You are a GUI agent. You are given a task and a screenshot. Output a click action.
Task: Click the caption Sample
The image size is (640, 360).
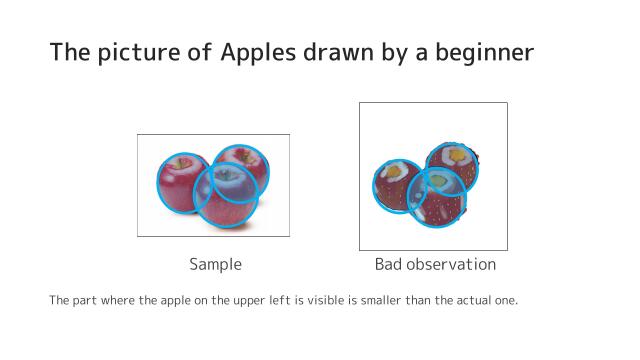[x=215, y=265]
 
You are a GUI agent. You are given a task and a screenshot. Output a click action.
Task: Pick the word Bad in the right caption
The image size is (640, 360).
[x=390, y=265]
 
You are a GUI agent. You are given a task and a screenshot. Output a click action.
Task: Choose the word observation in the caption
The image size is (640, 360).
[x=451, y=265]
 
